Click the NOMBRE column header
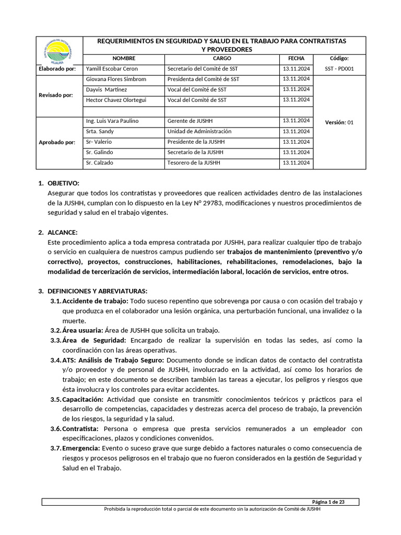click(x=124, y=59)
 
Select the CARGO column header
click(x=222, y=59)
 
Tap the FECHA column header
click(x=296, y=59)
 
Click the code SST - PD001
click(x=339, y=68)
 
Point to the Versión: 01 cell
click(x=339, y=122)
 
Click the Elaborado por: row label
click(x=57, y=68)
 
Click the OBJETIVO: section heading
click(x=63, y=183)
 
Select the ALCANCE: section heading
click(x=62, y=232)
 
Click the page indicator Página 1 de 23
click(x=328, y=502)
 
